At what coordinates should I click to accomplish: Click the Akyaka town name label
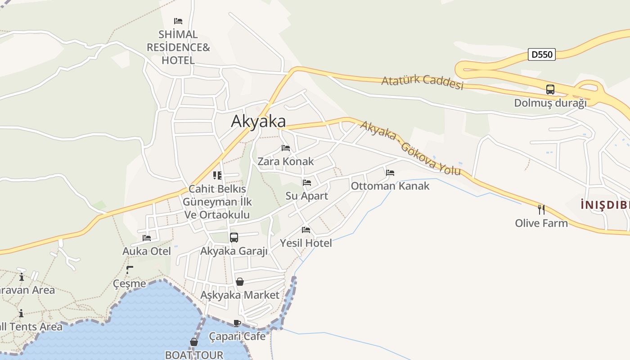(x=258, y=121)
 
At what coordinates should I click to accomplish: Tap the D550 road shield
(x=542, y=54)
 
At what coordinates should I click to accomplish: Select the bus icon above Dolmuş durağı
(x=550, y=90)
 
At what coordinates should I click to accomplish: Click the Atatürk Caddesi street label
(x=422, y=82)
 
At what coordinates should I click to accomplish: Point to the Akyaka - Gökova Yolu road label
(x=410, y=148)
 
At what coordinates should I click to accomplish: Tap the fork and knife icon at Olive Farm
(x=541, y=209)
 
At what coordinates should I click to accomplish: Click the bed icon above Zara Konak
(x=286, y=148)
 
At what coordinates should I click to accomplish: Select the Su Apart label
(x=307, y=196)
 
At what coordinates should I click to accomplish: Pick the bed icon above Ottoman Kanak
(x=390, y=173)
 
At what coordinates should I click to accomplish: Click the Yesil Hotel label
(x=306, y=243)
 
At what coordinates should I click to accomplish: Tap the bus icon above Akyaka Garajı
(x=234, y=238)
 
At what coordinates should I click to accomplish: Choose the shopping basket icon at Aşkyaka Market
(x=240, y=282)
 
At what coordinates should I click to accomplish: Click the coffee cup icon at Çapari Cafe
(x=237, y=323)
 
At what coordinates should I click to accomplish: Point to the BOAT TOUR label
(x=194, y=355)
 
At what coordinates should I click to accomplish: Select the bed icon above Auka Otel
(x=147, y=238)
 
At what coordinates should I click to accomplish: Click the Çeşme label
(x=130, y=283)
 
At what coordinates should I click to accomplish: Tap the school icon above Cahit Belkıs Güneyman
(x=217, y=175)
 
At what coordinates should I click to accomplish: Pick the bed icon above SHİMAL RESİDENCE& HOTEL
(x=178, y=21)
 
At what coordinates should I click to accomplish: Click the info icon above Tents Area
(x=21, y=313)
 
